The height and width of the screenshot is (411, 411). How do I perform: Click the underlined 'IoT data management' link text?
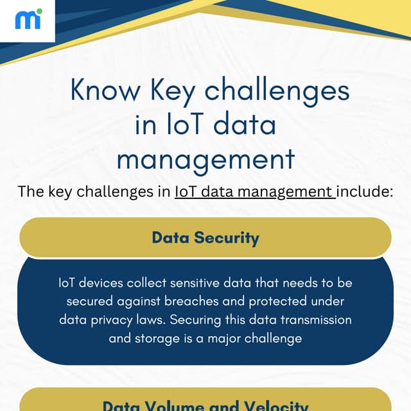[254, 191]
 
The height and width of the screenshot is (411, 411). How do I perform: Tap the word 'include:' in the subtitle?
[365, 191]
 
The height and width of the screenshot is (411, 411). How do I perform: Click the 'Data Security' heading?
[205, 238]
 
